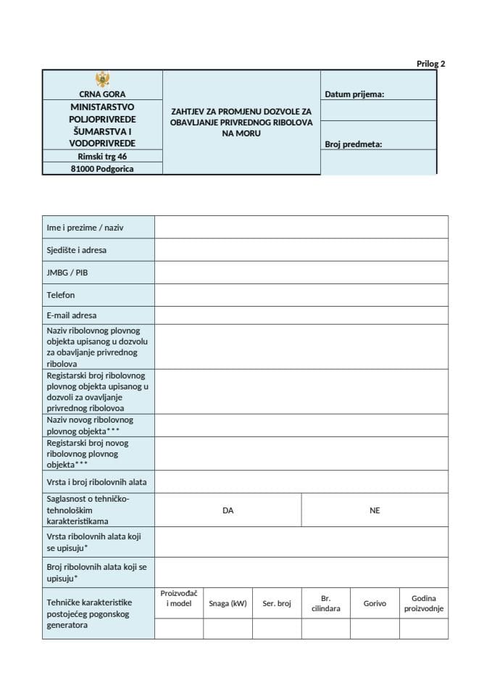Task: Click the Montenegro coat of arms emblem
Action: click(x=102, y=79)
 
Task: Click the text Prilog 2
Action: click(x=430, y=64)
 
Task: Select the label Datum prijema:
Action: click(x=354, y=94)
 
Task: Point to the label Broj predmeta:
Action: click(x=354, y=144)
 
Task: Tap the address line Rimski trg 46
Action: click(x=102, y=156)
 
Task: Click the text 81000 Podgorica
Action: click(x=102, y=168)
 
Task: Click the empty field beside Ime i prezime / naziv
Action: click(x=301, y=227)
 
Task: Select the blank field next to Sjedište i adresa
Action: click(x=301, y=250)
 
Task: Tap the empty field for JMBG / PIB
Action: click(x=301, y=273)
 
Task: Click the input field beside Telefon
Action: click(x=301, y=295)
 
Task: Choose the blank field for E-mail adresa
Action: click(x=301, y=315)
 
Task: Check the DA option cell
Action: click(x=228, y=510)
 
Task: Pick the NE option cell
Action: click(x=375, y=510)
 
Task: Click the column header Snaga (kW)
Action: click(x=228, y=603)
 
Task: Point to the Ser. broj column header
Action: click(x=277, y=603)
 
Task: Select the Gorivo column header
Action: click(x=375, y=603)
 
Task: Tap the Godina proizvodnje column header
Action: click(x=424, y=603)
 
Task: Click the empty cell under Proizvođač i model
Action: click(x=178, y=629)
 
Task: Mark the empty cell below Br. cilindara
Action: click(x=325, y=629)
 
